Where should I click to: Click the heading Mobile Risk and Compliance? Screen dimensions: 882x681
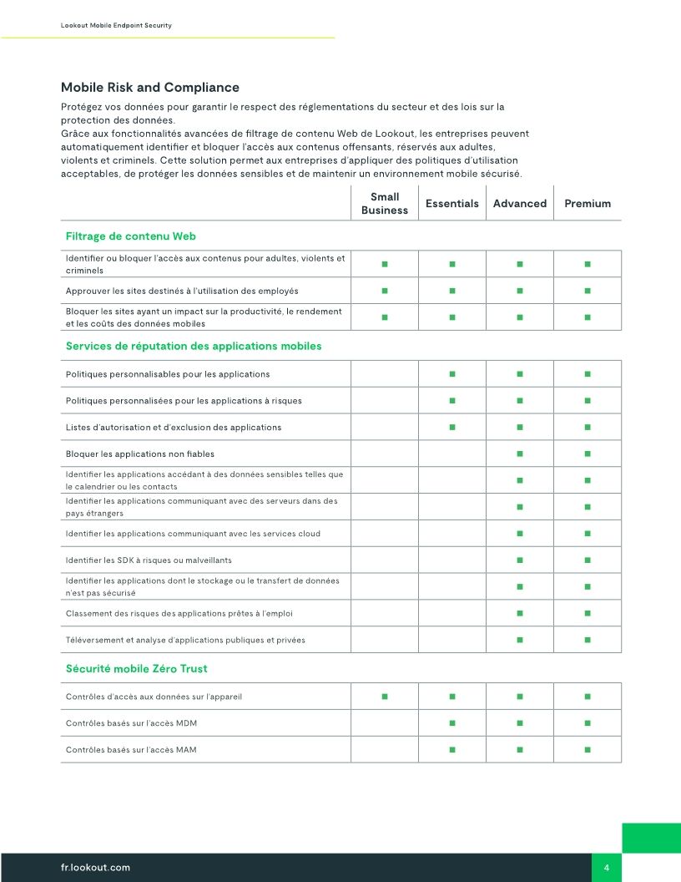point(149,88)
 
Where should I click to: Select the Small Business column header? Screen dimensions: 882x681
point(384,204)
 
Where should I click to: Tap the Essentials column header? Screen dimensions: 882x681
point(451,204)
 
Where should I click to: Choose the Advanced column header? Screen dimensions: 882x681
point(519,204)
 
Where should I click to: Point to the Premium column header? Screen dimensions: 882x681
point(588,204)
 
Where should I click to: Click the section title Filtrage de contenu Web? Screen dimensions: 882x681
point(130,236)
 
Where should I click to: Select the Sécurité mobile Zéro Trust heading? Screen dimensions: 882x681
point(136,668)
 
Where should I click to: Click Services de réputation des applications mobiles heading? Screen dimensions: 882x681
point(193,346)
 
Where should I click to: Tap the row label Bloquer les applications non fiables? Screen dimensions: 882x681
point(139,454)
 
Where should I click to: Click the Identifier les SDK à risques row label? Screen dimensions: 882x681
point(149,560)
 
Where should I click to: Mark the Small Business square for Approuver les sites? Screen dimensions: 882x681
point(385,291)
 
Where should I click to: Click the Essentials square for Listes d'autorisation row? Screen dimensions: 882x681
point(451,427)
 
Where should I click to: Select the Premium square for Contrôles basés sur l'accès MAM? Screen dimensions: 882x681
point(588,749)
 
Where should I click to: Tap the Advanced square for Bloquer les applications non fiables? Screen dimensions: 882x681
point(519,454)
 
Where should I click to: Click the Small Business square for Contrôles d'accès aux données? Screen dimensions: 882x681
point(385,696)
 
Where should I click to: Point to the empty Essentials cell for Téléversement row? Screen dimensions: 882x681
point(451,640)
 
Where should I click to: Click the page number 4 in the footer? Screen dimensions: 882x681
point(606,868)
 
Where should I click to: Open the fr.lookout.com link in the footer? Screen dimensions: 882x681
point(95,868)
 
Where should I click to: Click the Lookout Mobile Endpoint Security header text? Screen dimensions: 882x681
point(116,26)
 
